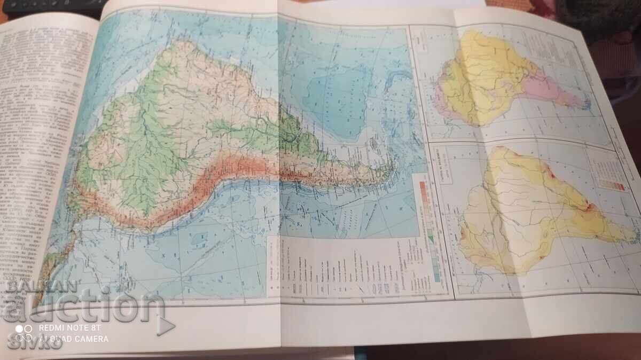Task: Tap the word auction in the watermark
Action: point(85,308)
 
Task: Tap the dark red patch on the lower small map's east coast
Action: point(590,205)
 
